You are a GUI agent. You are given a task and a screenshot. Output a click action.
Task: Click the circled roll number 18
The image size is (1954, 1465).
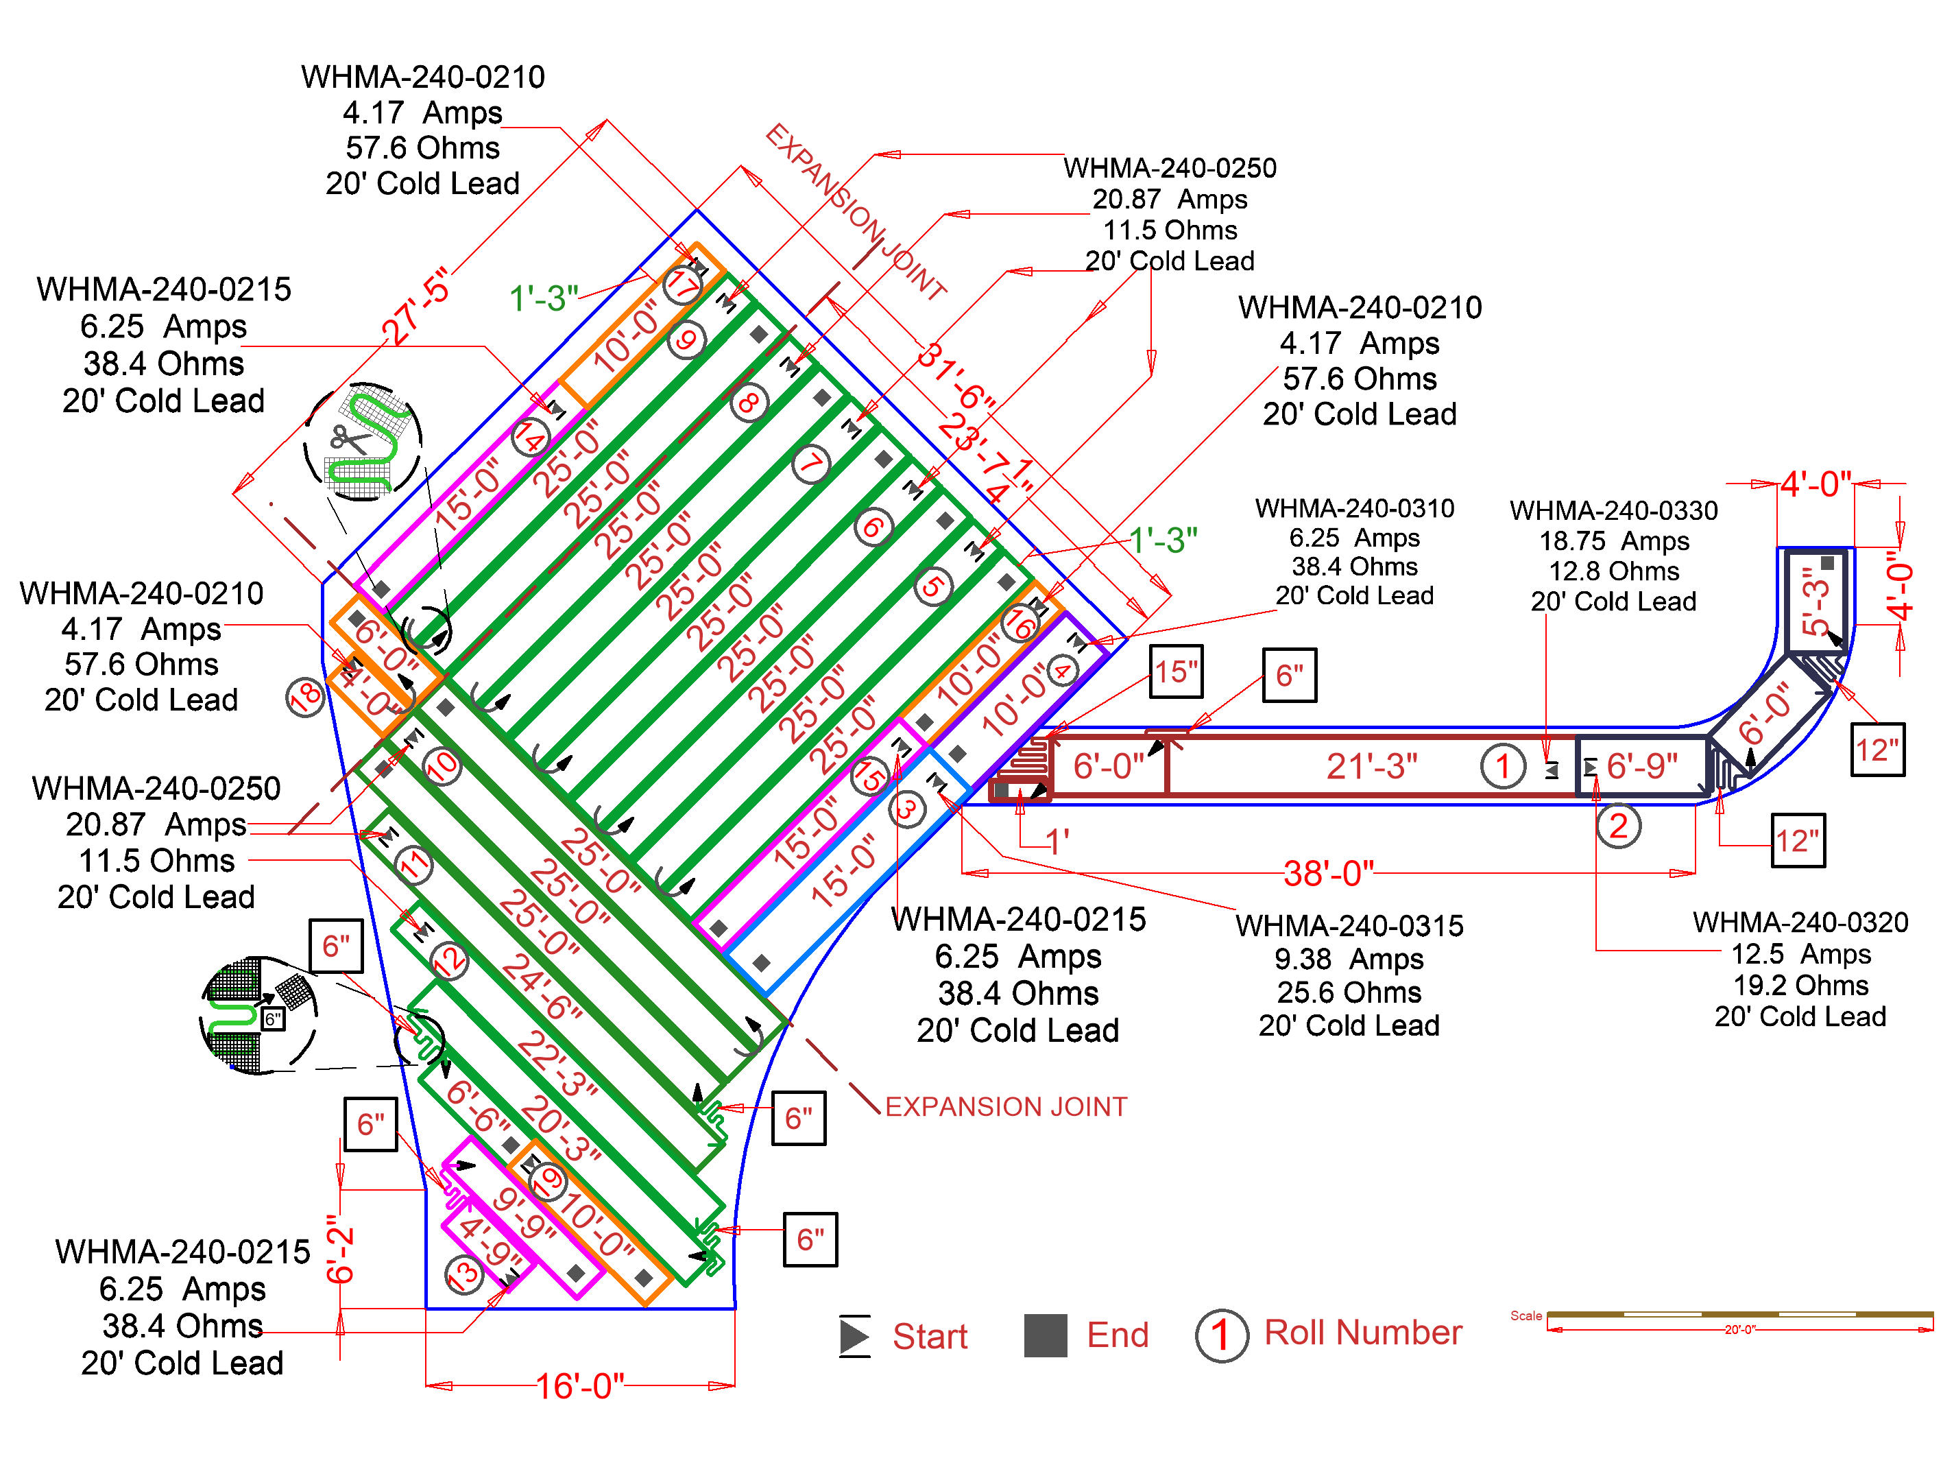[306, 697]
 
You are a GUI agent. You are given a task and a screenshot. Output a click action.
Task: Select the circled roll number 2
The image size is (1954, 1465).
[1618, 826]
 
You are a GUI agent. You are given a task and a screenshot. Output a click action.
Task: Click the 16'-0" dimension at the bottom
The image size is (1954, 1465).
[580, 1385]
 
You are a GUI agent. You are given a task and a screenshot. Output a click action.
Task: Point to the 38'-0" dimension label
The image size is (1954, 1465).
[1329, 873]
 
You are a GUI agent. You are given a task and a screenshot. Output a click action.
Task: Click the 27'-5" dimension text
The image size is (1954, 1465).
[418, 306]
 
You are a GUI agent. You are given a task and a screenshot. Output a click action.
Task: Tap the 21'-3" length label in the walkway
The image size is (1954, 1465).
[1372, 766]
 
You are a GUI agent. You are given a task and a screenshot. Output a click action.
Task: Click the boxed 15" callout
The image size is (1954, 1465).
[1176, 672]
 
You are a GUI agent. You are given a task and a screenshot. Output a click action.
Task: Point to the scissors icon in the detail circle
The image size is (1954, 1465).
[349, 439]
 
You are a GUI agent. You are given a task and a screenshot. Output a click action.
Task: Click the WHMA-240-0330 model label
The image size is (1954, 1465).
[1613, 511]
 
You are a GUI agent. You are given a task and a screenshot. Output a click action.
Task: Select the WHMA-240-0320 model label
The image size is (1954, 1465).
[1800, 922]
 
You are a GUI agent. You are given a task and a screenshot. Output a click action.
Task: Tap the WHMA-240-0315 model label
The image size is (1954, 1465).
[1349, 926]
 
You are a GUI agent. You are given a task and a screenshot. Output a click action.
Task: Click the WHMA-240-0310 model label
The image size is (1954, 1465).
[1354, 508]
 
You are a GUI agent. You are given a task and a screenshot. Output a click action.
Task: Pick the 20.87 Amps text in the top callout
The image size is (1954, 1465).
[1170, 199]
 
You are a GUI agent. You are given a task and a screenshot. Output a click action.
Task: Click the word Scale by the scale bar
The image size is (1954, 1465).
[1525, 1315]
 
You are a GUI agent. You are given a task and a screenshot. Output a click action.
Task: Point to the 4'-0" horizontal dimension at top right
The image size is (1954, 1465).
[1816, 484]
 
